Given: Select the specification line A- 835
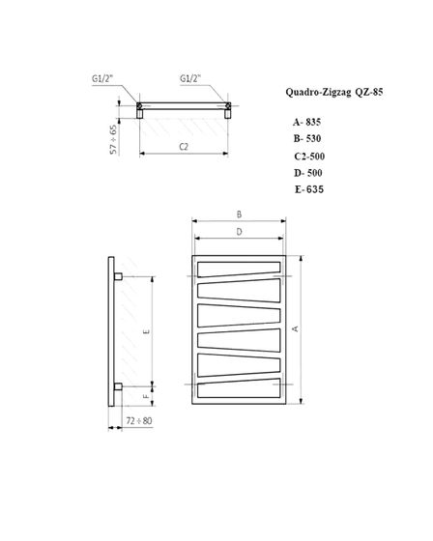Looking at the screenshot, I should click(304, 124).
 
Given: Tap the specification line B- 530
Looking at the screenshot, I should click(304, 139).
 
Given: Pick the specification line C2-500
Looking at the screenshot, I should click(306, 156).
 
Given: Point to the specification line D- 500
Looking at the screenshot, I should click(305, 172).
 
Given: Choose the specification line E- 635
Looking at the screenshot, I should click(308, 188).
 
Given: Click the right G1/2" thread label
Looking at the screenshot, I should click(190, 78).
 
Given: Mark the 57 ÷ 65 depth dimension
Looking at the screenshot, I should click(113, 138).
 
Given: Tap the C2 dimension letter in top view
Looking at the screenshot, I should click(185, 145).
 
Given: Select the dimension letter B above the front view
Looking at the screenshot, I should click(239, 214).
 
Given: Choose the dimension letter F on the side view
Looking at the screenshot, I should click(146, 395).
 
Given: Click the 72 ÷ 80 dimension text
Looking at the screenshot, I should click(139, 422).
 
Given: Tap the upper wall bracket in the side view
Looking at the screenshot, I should click(117, 277).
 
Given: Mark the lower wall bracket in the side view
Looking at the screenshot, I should click(117, 386).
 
